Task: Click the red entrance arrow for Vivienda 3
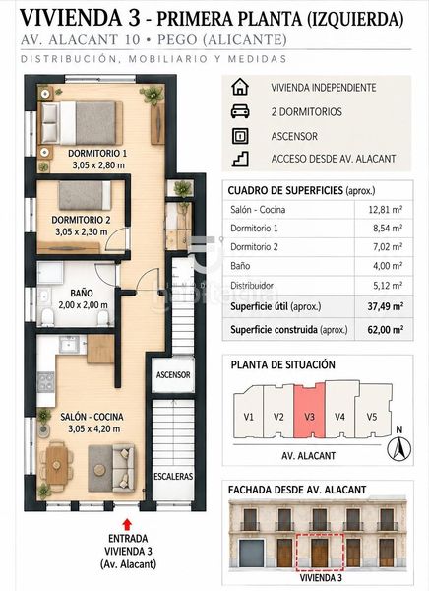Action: tap(127, 525)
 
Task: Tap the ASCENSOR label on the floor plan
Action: tap(173, 375)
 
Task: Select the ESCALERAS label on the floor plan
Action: tap(173, 477)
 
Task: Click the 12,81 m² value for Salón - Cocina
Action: tap(386, 209)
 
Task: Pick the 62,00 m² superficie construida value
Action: tap(386, 330)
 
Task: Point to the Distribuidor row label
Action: tap(252, 286)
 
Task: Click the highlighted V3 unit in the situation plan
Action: tap(309, 411)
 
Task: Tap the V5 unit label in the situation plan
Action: tap(372, 417)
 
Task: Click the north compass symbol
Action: tap(399, 448)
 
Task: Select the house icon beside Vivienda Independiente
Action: tap(240, 87)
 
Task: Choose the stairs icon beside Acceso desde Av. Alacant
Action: tap(240, 159)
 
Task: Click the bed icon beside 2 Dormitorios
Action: tap(240, 111)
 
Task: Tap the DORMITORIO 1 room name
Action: tap(97, 153)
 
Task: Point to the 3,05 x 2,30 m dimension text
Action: tap(82, 231)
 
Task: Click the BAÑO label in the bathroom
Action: tap(82, 293)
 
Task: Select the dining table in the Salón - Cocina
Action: tap(56, 465)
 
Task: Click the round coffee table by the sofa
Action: tap(99, 470)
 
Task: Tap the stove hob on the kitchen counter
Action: tap(46, 381)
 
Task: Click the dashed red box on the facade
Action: tap(320, 553)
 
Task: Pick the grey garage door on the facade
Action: tap(251, 553)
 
